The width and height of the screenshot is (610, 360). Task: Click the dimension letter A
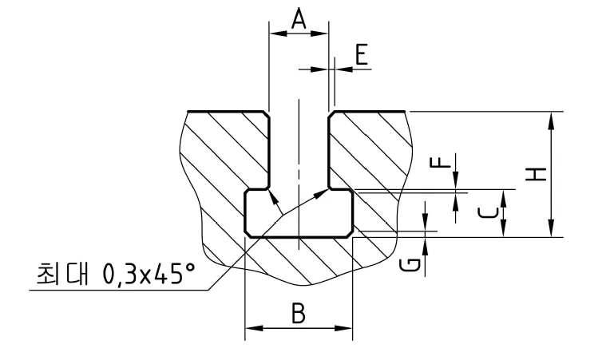tap(299, 19)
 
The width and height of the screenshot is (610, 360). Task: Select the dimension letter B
tap(299, 313)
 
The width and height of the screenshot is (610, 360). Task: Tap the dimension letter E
tap(362, 54)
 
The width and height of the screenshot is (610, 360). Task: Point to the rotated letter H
tap(536, 174)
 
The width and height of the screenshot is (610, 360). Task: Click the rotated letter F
tap(441, 161)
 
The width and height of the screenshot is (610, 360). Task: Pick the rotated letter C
tap(488, 213)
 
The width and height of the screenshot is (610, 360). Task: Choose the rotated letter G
tap(410, 265)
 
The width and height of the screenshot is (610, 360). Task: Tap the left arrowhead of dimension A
tap(278, 34)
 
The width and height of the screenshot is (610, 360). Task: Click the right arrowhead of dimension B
tap(343, 328)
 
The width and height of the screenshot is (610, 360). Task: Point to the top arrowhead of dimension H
tap(551, 121)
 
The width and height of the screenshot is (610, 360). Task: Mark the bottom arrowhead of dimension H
tap(551, 228)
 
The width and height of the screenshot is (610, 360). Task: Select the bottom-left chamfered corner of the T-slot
tap(248, 233)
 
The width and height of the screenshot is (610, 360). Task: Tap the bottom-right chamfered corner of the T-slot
tap(350, 233)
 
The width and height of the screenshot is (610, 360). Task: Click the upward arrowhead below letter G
tap(426, 247)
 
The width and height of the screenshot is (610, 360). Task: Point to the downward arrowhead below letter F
tap(456, 180)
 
